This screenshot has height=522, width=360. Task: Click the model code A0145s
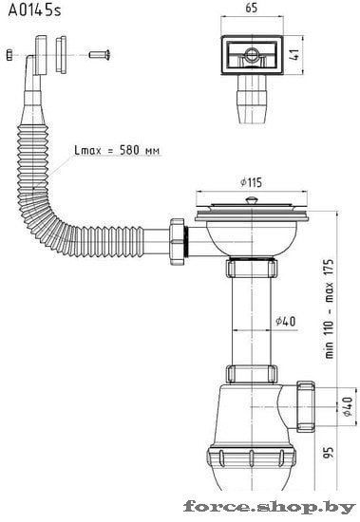coord(34,10)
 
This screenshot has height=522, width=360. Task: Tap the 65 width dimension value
coord(252,8)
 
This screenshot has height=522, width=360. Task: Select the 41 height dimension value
coord(294,54)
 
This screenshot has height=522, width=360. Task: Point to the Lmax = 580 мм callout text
coord(117,150)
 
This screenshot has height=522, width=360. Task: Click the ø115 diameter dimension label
coord(251,182)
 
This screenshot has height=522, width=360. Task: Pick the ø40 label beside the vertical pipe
coord(285,321)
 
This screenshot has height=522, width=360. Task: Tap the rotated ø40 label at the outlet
coord(348,406)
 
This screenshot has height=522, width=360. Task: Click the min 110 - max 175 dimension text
coord(329,308)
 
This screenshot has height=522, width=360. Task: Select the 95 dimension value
coord(329,452)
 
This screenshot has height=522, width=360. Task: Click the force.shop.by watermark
coord(270,508)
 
